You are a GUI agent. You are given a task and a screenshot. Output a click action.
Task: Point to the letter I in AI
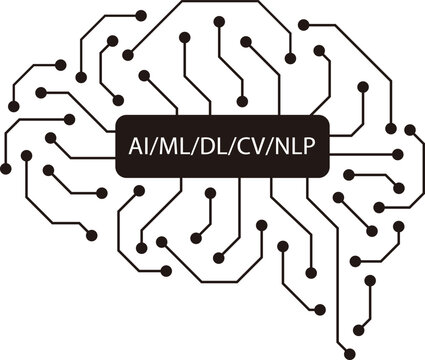(145, 146)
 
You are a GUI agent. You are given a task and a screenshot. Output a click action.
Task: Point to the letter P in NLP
(312, 146)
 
